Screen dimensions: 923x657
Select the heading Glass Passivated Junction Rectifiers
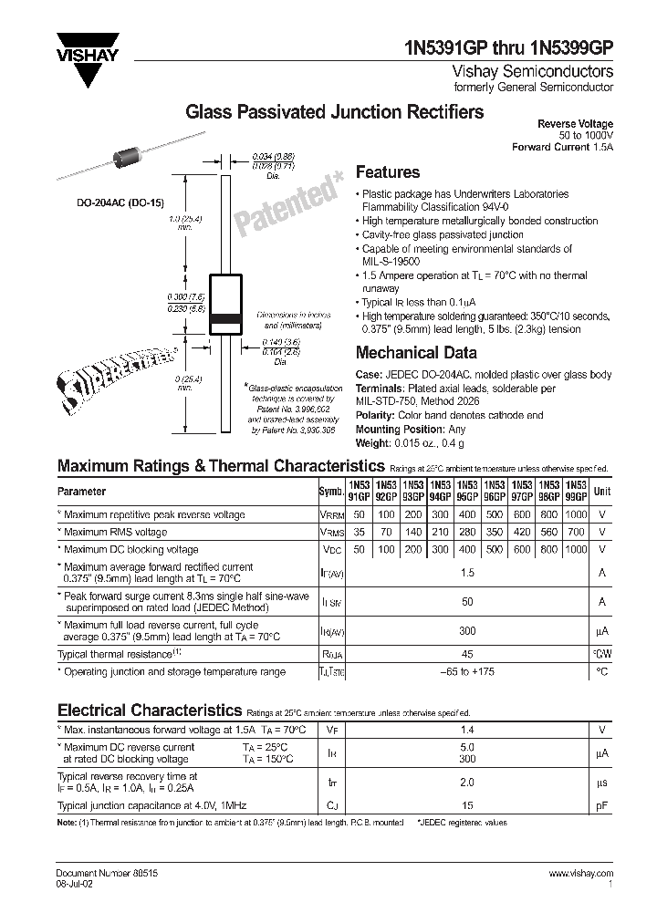(x=335, y=112)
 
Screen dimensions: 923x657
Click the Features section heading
(x=387, y=172)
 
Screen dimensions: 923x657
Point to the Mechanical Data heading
(x=415, y=353)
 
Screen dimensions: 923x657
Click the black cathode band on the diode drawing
(x=226, y=319)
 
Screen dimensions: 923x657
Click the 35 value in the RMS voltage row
(x=360, y=533)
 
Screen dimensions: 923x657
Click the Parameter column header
(x=82, y=492)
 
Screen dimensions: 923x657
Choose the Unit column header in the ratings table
(x=602, y=492)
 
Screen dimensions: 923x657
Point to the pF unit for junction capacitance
(x=602, y=806)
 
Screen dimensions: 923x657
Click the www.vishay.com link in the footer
(x=581, y=874)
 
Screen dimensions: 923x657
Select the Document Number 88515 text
(x=95, y=874)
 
